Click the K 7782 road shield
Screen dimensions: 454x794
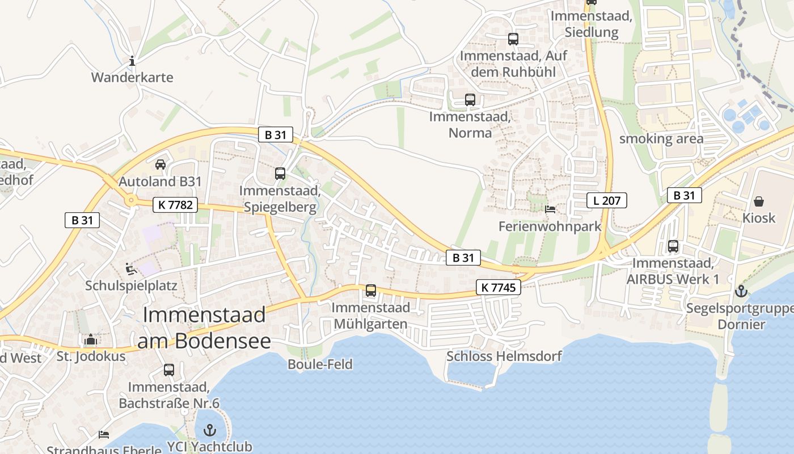point(175,204)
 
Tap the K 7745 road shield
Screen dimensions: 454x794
point(499,287)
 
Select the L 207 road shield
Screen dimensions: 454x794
point(606,200)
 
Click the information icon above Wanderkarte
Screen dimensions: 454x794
point(132,61)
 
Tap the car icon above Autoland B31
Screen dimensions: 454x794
point(161,165)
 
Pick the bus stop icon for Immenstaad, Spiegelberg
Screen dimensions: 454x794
point(280,174)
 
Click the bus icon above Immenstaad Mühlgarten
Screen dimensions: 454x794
point(371,291)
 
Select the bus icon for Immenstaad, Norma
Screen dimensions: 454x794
point(470,100)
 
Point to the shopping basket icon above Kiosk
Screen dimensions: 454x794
point(759,201)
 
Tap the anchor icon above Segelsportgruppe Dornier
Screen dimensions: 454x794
point(741,292)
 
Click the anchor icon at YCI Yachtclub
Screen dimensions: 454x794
point(210,430)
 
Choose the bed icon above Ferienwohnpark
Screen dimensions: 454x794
point(550,209)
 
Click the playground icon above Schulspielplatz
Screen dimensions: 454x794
point(131,268)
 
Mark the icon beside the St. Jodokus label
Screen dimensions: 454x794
point(91,340)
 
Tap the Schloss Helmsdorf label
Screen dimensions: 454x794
point(504,356)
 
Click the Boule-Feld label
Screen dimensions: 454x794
point(320,364)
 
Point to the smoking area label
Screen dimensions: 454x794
point(661,138)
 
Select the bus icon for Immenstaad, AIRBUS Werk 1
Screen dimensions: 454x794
point(673,246)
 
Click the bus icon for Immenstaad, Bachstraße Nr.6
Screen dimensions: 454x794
point(169,370)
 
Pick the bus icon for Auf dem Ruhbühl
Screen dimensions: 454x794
point(513,39)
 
